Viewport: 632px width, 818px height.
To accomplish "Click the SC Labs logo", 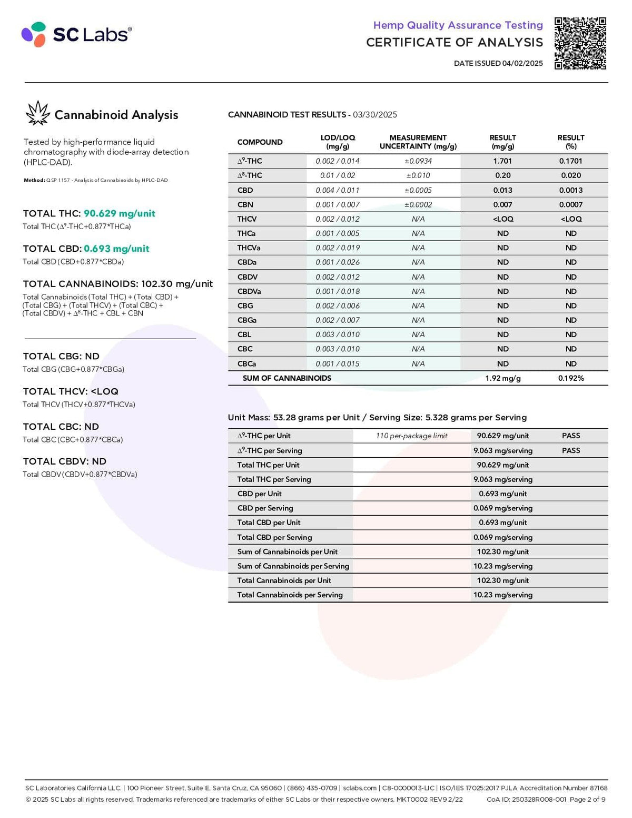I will coord(76,35).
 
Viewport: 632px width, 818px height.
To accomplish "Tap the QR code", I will coord(580,43).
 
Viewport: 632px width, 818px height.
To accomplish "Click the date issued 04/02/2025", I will coord(498,63).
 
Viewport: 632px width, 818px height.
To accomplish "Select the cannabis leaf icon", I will coord(37,113).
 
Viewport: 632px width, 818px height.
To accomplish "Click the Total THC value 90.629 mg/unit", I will coord(119,213).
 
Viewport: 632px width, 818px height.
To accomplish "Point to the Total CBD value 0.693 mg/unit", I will coord(116,249).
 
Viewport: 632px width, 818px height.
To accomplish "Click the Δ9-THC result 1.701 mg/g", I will coord(502,161).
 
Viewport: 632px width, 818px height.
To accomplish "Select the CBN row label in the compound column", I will coord(245,204).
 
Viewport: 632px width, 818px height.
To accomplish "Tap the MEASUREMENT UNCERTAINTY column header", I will coord(418,142).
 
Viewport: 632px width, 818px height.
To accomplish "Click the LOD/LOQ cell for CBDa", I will coord(338,262).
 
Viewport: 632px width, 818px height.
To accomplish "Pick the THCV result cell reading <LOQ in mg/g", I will coord(502,219).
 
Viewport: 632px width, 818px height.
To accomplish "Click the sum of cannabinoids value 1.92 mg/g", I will coord(502,378).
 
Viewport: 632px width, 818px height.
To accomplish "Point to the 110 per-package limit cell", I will coord(411,436).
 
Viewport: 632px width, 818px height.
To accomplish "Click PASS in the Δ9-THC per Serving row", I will coord(571,450).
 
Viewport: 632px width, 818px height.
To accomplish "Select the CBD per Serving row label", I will coord(265,508).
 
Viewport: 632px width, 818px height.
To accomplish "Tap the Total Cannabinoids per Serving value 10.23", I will coord(502,595).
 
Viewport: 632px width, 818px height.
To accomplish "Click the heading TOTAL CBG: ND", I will coord(61,356).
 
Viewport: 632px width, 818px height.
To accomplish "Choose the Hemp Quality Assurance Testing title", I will coord(458,25).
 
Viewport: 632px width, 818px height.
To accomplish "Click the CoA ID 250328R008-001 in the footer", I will coord(526,799).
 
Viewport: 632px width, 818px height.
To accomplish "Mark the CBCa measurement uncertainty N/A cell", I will coord(418,363).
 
